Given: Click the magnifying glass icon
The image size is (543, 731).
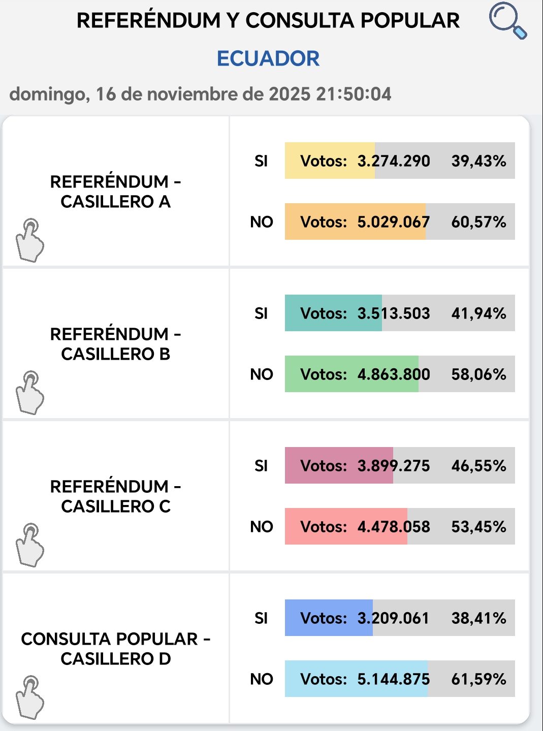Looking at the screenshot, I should point(507,21).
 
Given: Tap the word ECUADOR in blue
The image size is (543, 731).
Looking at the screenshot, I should point(268,58).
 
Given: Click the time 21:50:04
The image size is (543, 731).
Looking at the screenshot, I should point(354,94).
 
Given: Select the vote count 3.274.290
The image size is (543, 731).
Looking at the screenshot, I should point(394,161).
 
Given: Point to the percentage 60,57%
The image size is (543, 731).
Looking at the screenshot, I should point(478,222).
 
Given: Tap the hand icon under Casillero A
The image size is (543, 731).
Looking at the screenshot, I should point(30,240).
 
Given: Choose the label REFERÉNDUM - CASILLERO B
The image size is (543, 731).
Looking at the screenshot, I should point(115,344).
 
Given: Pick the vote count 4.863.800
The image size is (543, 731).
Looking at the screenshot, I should point(394,374).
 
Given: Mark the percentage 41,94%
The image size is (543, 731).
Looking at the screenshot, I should point(478,313).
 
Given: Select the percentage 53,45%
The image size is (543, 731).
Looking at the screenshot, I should point(478,527).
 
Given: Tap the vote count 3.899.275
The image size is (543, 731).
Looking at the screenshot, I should point(394,466).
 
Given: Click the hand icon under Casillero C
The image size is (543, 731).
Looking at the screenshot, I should point(30,545).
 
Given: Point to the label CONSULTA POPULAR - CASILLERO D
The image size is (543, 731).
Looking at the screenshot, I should point(115,649).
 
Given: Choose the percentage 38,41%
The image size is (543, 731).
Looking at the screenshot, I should point(478,618).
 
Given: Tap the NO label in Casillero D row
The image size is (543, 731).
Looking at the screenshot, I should point(262,679).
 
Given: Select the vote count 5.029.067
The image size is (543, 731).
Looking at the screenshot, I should point(394,222).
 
